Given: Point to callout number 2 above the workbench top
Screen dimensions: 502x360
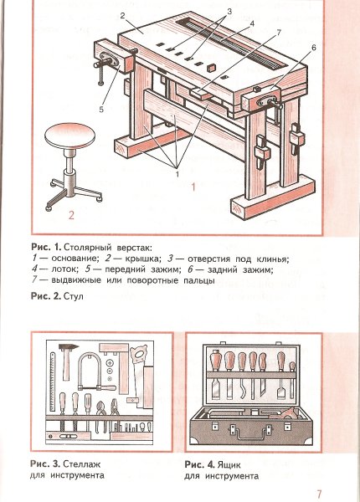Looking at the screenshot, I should pos(122,16).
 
